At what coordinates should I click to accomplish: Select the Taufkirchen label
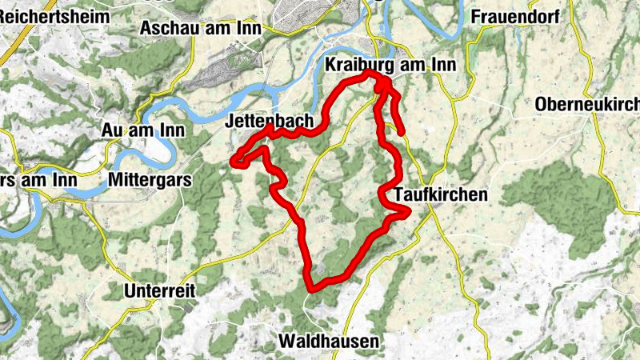tap(441, 194)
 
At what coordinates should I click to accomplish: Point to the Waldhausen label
tap(329, 342)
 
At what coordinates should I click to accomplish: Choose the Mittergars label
tap(151, 180)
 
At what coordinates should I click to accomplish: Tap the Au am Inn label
tap(143, 130)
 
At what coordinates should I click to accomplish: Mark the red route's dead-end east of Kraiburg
tap(402, 132)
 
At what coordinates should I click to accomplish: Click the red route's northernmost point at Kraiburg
tap(370, 73)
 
